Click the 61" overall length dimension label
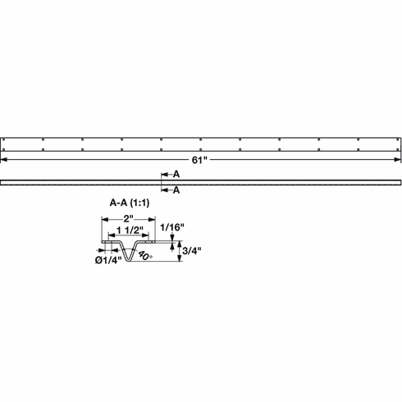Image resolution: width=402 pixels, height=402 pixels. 201,160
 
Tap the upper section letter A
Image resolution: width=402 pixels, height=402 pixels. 175,175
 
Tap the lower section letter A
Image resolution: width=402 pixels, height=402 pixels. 175,190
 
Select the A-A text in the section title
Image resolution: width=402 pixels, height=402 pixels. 120,202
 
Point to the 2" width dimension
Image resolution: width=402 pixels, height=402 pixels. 129,218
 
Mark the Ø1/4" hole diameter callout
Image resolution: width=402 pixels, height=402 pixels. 107,260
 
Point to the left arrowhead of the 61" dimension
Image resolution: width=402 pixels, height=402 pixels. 6,161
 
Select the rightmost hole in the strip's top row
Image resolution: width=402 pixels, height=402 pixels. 397,139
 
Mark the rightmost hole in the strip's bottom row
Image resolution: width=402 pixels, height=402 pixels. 397,151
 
